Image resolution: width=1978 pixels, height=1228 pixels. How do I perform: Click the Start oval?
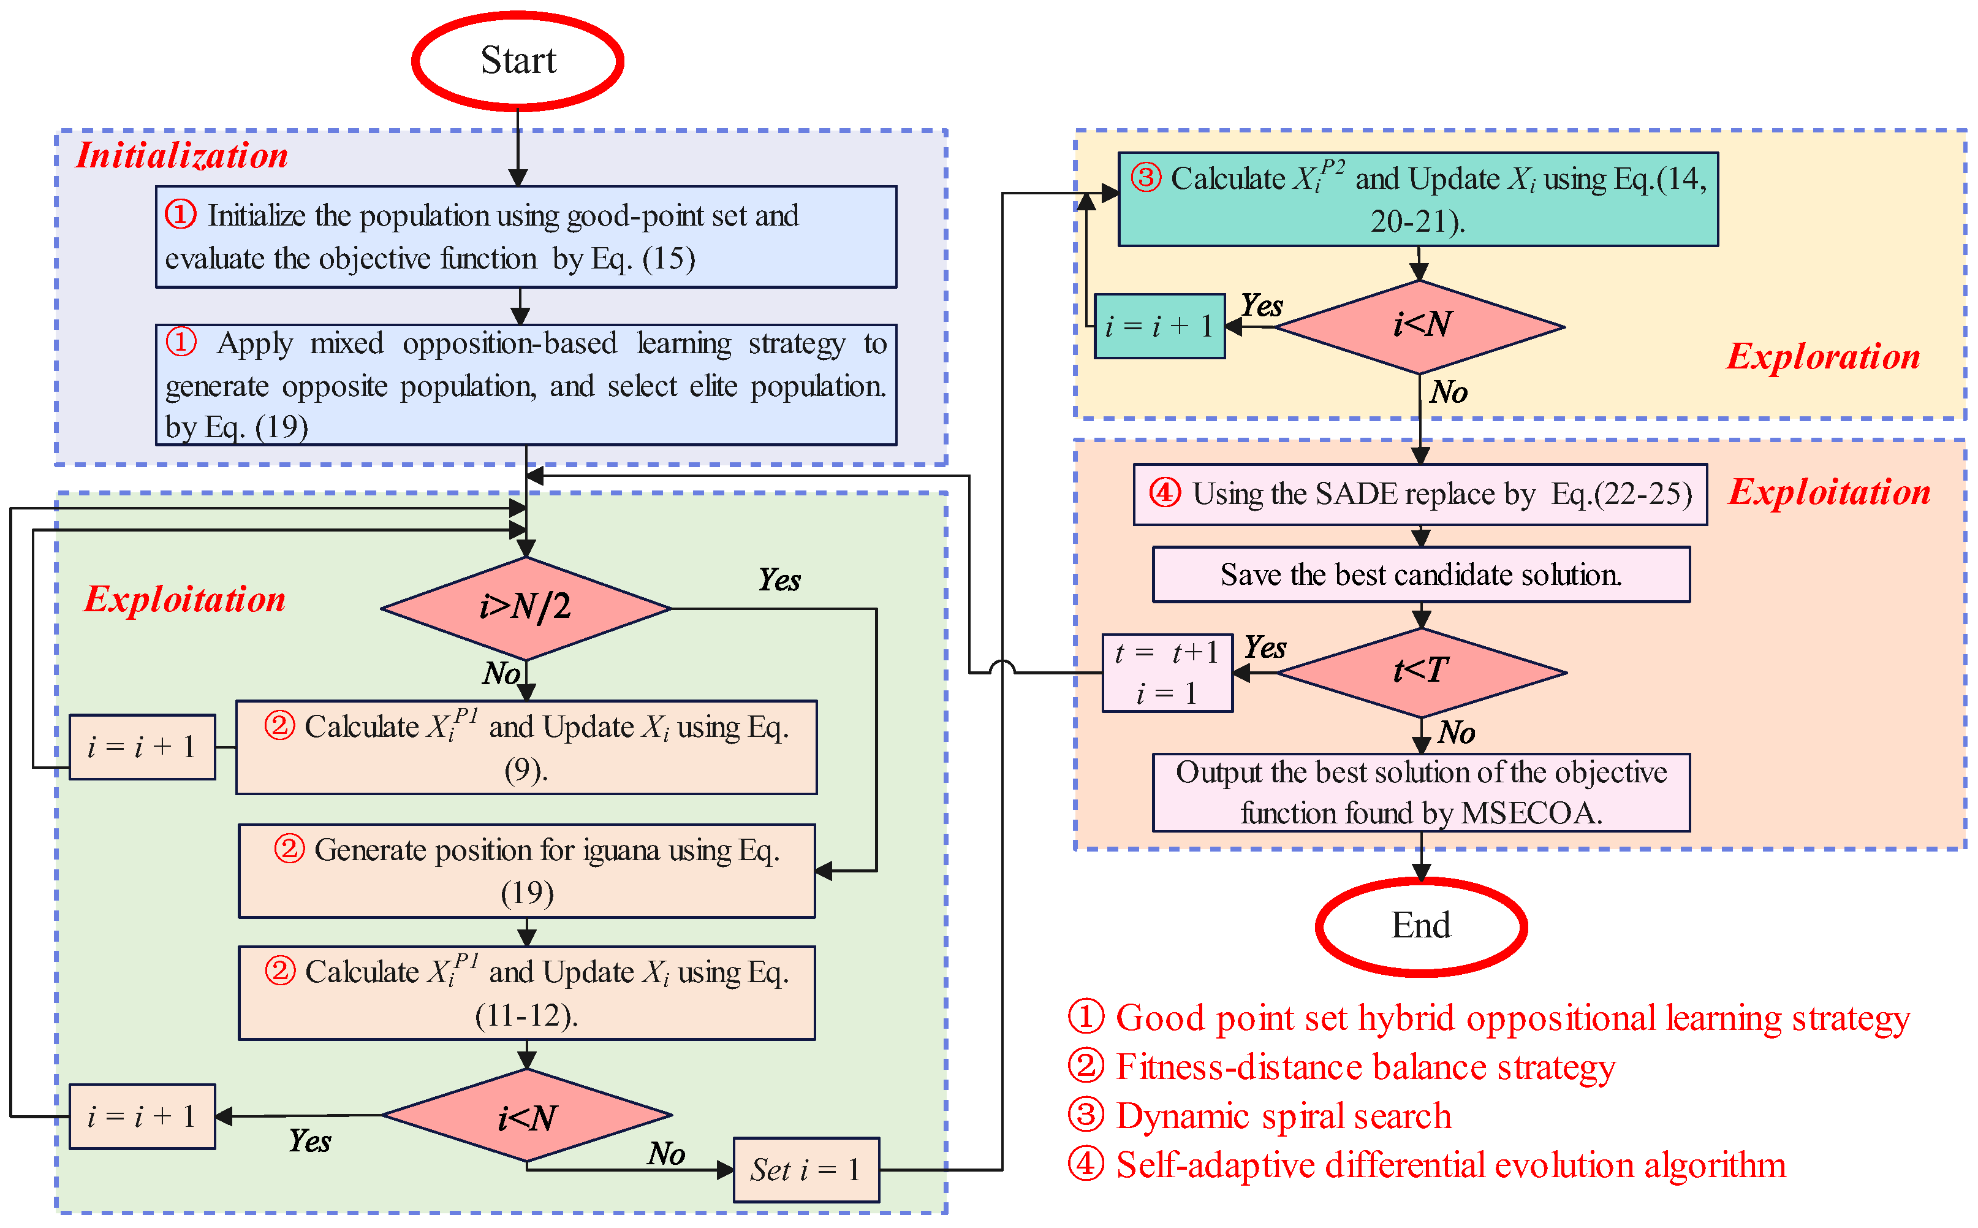(517, 61)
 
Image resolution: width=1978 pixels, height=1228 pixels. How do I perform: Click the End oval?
(1420, 926)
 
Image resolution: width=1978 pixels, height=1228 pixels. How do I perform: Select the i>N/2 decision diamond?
(525, 608)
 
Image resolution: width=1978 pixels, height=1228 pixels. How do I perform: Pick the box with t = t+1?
(1166, 673)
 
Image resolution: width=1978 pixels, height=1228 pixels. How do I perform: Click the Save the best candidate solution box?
(1420, 574)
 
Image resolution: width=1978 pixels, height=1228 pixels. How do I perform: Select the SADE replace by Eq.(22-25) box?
(1420, 494)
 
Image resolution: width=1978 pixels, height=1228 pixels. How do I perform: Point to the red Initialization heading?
(182, 155)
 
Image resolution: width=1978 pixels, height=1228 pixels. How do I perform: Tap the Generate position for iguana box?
(526, 871)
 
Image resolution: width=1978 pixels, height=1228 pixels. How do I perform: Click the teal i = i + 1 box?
(1158, 326)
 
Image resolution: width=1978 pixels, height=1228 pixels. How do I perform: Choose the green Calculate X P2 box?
(1417, 199)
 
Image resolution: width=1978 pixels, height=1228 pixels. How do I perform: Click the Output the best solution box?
(1420, 792)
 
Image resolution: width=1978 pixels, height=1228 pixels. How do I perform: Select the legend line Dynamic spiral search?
(1283, 1116)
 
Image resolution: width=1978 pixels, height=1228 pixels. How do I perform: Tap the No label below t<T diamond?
(1455, 733)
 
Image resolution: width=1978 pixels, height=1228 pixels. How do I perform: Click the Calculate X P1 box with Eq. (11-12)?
(526, 993)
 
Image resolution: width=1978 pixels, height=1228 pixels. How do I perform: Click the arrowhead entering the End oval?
(1420, 873)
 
